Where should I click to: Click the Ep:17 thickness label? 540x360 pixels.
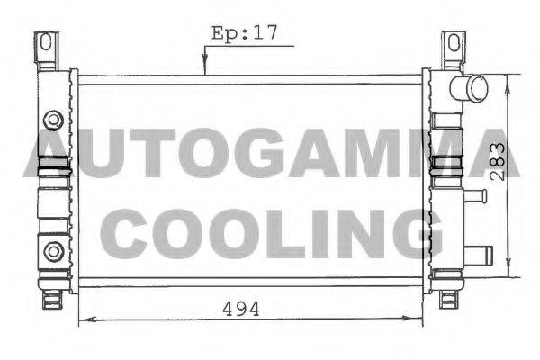click(244, 33)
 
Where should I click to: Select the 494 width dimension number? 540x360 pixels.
click(240, 309)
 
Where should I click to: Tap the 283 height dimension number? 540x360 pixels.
click(498, 162)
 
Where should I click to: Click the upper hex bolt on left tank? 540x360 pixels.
click(53, 120)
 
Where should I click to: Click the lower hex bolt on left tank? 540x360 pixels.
click(54, 251)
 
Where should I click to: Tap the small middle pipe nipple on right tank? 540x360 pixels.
click(474, 196)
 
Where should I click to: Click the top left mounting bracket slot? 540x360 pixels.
click(46, 41)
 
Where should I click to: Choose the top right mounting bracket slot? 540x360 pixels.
click(454, 42)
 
